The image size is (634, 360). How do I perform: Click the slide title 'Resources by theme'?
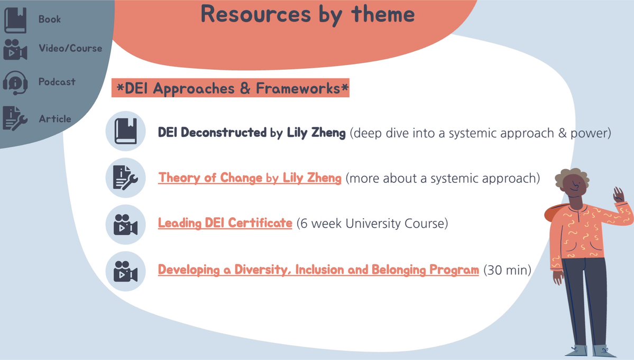[308, 14]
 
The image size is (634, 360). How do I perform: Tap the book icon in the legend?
[15, 20]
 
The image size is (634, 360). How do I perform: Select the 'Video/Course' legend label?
[70, 48]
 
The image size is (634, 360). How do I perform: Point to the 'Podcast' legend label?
[57, 82]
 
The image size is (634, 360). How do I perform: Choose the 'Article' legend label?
[54, 119]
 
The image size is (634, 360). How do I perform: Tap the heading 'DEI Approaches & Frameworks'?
[230, 89]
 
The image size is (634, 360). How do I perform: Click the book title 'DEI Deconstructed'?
[212, 133]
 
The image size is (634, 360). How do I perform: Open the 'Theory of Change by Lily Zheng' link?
[250, 178]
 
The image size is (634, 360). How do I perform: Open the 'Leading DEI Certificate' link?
[225, 224]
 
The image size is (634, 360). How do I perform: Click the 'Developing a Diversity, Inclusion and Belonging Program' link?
[318, 270]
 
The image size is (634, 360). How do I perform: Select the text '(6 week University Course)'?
[372, 224]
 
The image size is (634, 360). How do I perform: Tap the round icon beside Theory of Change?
[125, 177]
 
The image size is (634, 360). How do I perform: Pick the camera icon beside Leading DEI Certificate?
[125, 224]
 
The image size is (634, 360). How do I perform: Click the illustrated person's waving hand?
[618, 197]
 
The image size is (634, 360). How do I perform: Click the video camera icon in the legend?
[15, 49]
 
